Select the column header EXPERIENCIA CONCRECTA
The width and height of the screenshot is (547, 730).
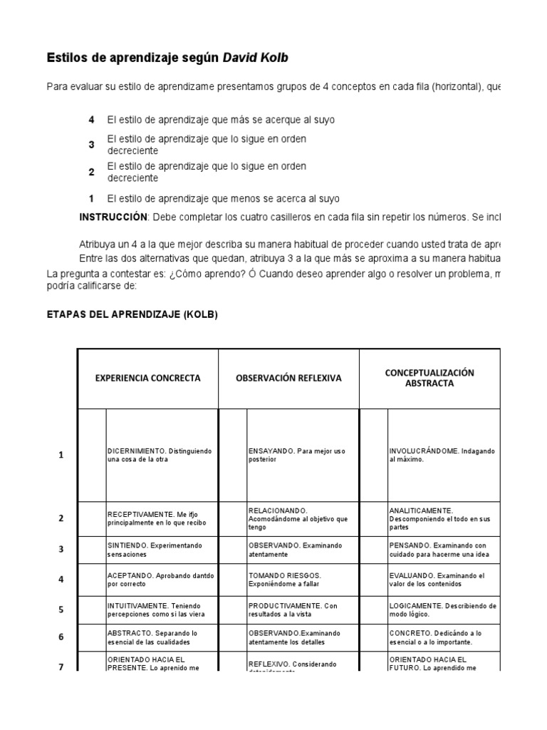(x=148, y=379)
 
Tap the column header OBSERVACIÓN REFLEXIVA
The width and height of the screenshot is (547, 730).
(x=288, y=379)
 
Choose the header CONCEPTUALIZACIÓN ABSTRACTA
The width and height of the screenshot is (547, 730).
(x=429, y=378)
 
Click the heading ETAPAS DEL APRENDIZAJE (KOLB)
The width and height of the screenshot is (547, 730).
(x=132, y=314)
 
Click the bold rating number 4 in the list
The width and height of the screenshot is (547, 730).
(x=91, y=120)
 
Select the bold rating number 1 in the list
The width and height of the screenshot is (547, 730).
(x=91, y=199)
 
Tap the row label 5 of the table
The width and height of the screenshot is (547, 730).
(x=61, y=610)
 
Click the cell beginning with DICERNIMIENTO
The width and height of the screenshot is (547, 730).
(x=162, y=456)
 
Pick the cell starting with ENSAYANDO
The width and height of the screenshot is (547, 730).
(x=303, y=456)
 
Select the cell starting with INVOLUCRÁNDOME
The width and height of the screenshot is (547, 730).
(x=444, y=456)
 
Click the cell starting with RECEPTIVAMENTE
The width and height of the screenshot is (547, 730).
(x=162, y=519)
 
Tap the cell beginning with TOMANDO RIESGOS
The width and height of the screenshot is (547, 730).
(x=303, y=579)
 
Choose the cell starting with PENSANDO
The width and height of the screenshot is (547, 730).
(x=444, y=550)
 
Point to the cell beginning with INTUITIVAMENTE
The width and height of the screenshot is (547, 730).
(x=162, y=610)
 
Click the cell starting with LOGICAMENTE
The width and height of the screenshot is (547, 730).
(x=444, y=610)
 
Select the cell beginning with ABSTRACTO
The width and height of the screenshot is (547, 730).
(x=162, y=637)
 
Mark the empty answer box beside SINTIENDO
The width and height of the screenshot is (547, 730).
(x=92, y=550)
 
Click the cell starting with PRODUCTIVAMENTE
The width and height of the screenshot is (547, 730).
(x=303, y=610)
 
